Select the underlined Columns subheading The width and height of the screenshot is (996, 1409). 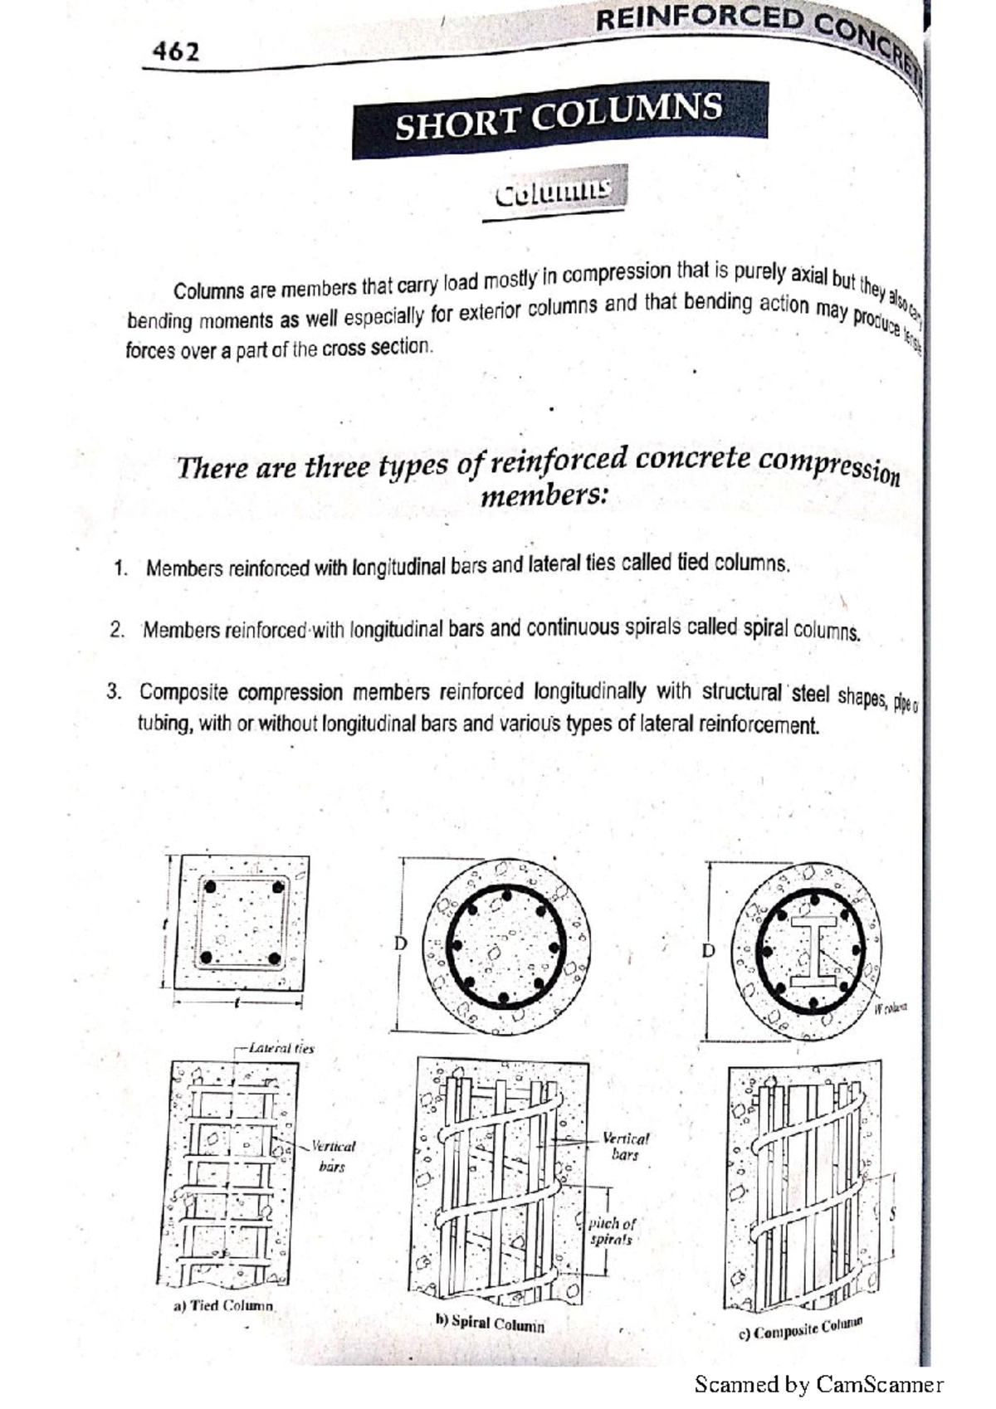pos(552,193)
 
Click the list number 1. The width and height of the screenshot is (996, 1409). pos(120,568)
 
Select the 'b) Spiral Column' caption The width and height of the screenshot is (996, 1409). pos(490,1323)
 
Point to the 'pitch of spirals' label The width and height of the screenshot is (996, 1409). pos(612,1231)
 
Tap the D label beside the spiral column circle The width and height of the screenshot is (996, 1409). pos(401,943)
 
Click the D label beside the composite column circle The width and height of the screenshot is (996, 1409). pos(708,950)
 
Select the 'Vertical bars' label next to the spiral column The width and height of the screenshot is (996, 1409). pos(625,1146)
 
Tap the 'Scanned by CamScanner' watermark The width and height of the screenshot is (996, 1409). pos(818,1384)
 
